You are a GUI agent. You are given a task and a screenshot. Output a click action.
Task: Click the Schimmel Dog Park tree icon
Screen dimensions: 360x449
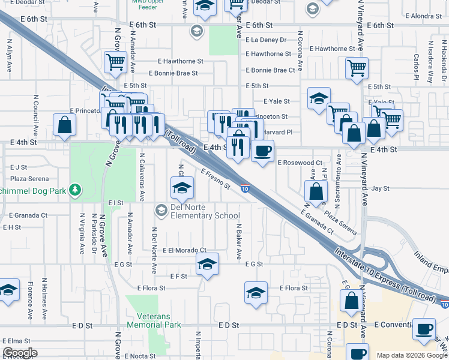(x=75, y=190)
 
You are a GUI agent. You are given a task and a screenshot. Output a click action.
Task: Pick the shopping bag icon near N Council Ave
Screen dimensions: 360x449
(x=64, y=125)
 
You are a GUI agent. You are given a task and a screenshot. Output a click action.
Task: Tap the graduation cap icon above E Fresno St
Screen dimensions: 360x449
(x=182, y=188)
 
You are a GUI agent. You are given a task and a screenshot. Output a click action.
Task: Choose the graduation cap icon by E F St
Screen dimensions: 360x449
(x=207, y=264)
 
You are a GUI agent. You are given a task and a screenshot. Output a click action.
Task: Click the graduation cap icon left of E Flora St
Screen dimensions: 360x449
(x=256, y=293)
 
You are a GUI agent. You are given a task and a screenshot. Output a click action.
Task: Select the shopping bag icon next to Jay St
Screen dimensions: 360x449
(x=316, y=192)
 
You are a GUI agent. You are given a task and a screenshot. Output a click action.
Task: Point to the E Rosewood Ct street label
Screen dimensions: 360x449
(x=300, y=163)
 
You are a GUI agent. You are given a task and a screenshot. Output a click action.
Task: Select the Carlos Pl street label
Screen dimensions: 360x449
(x=416, y=67)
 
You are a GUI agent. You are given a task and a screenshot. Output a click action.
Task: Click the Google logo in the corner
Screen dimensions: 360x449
(x=20, y=353)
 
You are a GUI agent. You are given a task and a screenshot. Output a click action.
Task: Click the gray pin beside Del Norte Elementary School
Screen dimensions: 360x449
(x=161, y=210)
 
